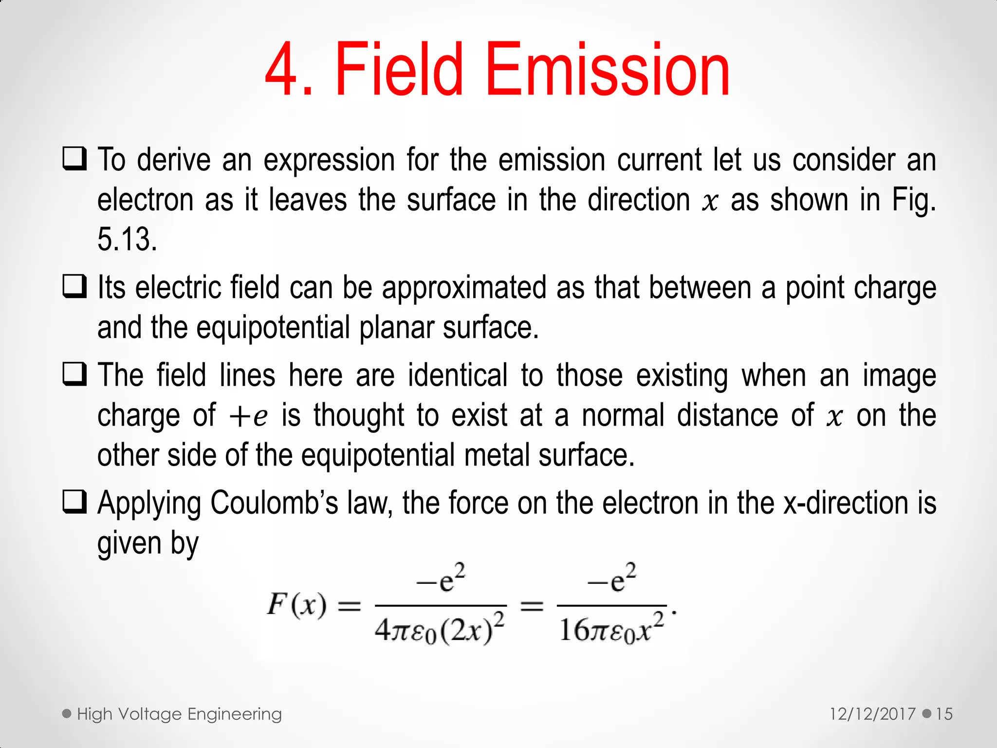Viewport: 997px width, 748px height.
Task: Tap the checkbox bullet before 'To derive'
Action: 74,159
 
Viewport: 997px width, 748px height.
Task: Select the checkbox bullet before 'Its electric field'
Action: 74,286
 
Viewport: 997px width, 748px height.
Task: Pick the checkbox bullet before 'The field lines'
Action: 74,374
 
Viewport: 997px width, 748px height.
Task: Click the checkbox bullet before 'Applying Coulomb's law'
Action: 74,502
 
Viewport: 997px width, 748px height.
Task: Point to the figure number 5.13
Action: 127,240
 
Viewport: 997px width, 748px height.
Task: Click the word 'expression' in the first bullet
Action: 329,160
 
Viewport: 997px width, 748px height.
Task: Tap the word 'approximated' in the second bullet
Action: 464,287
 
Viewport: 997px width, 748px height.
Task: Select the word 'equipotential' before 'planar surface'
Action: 273,327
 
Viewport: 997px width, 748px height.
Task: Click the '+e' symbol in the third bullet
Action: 248,416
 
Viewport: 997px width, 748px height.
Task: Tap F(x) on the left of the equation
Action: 296,605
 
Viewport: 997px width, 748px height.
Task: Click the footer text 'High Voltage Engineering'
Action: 179,714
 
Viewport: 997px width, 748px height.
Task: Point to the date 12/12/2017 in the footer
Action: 872,714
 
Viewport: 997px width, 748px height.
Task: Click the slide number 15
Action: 944,714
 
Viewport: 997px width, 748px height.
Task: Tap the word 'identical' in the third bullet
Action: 458,375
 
